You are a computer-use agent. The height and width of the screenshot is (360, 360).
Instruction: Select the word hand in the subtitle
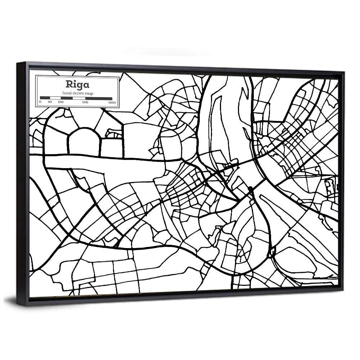[x=66, y=93]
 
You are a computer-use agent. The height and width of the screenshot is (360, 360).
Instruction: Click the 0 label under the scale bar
[x=40, y=102]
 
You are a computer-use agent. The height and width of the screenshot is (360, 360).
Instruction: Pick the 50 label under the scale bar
[x=50, y=102]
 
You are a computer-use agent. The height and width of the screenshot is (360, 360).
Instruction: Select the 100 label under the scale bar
[x=60, y=102]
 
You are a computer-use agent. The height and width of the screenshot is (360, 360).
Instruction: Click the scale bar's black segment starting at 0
[x=45, y=98]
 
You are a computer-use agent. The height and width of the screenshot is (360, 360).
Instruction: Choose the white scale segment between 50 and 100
[x=55, y=98]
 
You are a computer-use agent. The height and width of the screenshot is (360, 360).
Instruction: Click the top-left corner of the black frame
[x=18, y=63]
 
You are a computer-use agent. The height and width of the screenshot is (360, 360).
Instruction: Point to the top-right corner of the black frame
[x=344, y=72]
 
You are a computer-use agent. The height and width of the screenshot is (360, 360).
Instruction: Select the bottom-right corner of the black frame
[x=343, y=290]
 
